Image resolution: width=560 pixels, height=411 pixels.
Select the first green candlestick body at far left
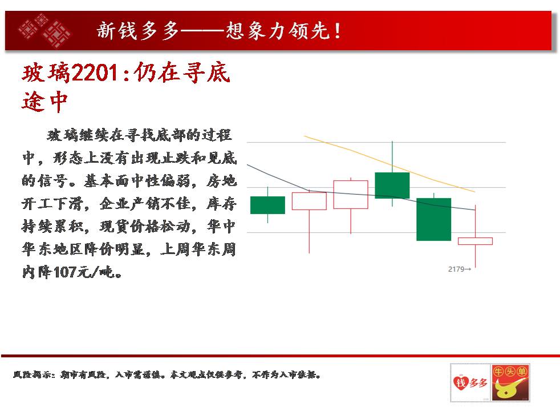(x=267, y=205)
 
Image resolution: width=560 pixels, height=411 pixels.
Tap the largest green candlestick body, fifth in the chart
(x=433, y=219)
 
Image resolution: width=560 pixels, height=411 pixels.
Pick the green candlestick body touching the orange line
(x=392, y=186)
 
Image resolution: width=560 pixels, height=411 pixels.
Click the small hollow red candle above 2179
(x=475, y=241)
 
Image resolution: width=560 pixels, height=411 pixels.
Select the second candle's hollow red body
(x=309, y=201)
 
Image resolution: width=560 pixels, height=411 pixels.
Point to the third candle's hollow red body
(x=350, y=195)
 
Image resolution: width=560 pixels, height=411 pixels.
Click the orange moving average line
(x=389, y=164)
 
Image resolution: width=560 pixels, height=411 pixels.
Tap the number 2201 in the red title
(x=95, y=73)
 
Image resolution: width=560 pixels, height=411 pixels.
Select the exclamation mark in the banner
(x=337, y=31)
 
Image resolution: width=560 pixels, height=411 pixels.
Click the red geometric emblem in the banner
(x=45, y=31)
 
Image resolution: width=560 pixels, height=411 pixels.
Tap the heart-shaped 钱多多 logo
(x=470, y=383)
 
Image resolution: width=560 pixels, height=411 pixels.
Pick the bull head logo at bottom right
(x=510, y=383)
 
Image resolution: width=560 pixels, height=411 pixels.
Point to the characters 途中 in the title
(x=44, y=102)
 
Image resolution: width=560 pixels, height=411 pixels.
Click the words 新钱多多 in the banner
(x=138, y=31)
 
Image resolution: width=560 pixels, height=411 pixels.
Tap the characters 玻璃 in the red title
(x=46, y=73)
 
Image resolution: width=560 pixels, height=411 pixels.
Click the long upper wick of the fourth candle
(x=392, y=156)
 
